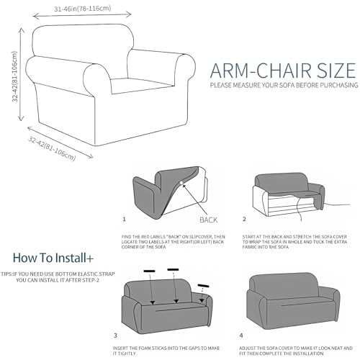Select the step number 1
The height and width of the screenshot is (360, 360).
(x=124, y=218)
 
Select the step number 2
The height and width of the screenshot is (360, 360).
(x=244, y=218)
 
